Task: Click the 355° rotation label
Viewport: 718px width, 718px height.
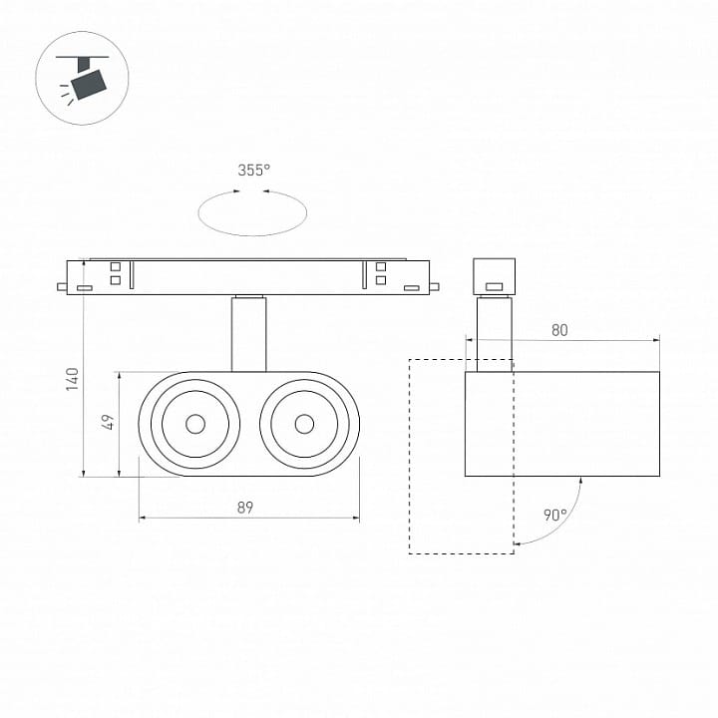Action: (253, 171)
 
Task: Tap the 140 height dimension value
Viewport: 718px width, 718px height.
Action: (73, 379)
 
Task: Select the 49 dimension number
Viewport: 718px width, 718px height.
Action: (108, 422)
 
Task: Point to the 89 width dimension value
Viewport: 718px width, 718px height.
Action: (245, 508)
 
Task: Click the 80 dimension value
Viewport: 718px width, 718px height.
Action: (559, 330)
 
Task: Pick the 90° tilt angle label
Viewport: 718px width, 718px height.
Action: (555, 516)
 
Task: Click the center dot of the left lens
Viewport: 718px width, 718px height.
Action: (195, 424)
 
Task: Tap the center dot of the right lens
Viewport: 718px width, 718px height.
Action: (304, 424)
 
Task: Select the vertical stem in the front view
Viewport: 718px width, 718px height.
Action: (248, 333)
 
